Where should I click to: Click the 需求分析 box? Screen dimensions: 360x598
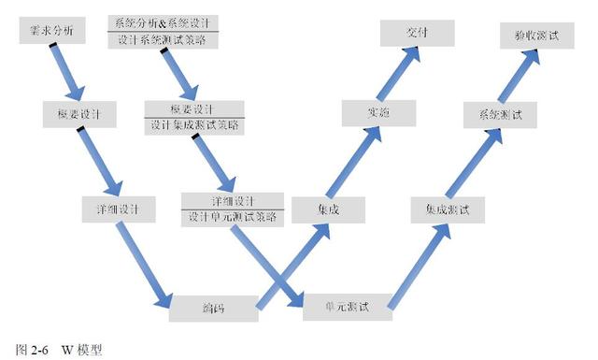(52, 32)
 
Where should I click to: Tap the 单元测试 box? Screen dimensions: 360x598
(347, 305)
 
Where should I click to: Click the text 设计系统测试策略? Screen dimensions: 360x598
(164, 39)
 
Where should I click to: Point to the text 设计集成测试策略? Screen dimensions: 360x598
(194, 124)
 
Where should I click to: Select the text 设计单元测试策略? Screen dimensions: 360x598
(232, 217)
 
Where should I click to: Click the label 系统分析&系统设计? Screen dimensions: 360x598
(164, 22)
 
